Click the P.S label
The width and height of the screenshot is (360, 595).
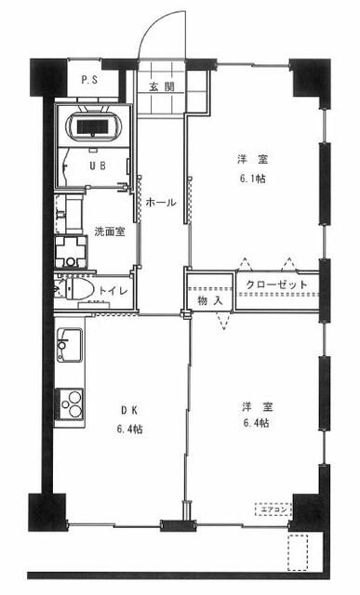click(x=90, y=80)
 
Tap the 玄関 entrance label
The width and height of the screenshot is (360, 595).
click(x=162, y=86)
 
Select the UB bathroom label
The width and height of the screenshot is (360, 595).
click(x=96, y=166)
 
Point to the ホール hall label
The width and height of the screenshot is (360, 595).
click(x=162, y=201)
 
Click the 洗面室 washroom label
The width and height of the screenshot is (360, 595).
click(x=109, y=231)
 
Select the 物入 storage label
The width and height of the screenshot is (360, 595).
click(x=210, y=301)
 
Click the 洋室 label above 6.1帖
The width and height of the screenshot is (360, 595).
click(x=244, y=160)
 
